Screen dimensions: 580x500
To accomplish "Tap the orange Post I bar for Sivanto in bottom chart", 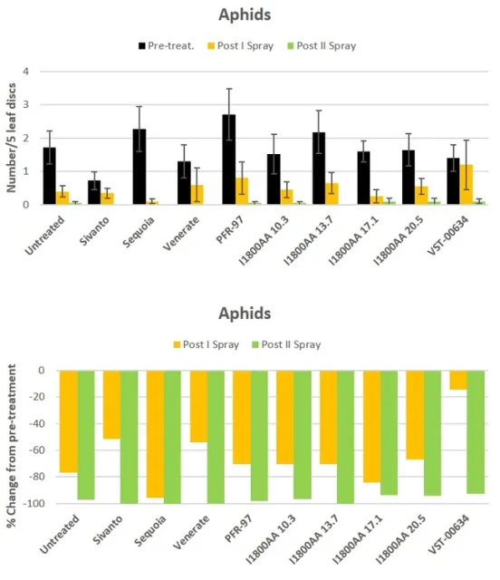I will tap(111, 404).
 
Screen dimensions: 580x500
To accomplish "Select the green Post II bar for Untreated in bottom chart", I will tap(85, 435).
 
